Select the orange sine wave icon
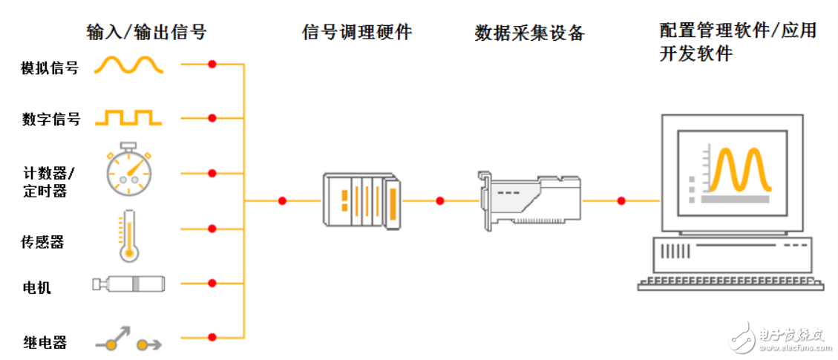[x=128, y=66]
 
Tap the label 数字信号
[x=50, y=119]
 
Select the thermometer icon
[x=129, y=236]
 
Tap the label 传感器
[x=42, y=242]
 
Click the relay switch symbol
[x=128, y=340]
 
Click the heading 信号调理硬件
[x=356, y=32]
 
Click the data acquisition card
[x=528, y=198]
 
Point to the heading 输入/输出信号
[x=146, y=32]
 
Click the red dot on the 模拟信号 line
[x=212, y=65]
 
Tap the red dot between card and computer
[x=621, y=200]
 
